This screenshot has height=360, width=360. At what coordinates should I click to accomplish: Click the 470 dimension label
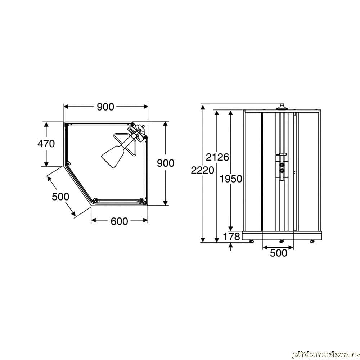(x=46, y=144)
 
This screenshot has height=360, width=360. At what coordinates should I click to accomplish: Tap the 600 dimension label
(x=119, y=221)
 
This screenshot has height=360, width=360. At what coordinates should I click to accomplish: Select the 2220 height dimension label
(x=202, y=170)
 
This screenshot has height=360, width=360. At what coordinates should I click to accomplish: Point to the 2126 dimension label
(x=217, y=157)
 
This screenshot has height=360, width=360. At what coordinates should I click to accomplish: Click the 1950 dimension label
(x=231, y=179)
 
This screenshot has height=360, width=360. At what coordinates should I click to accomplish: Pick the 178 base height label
(x=231, y=237)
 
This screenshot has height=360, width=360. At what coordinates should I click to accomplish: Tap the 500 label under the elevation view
(x=279, y=253)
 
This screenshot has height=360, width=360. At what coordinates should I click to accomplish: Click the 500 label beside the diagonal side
(x=60, y=197)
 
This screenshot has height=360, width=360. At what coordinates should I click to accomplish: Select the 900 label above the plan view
(x=105, y=107)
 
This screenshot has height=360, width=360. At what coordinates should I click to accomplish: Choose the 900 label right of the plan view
(x=166, y=163)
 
